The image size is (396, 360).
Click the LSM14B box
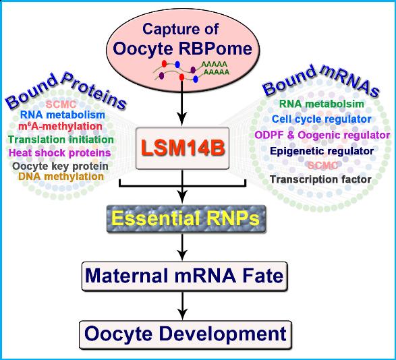click(x=182, y=148)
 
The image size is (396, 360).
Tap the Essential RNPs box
click(x=186, y=218)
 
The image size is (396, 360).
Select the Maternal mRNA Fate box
click(x=185, y=276)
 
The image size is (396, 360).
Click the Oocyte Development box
click(x=186, y=335)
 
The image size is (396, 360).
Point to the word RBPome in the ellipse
click(x=215, y=49)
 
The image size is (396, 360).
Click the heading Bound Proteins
click(x=65, y=91)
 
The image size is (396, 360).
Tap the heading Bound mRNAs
click(x=320, y=80)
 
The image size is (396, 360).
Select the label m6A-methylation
click(x=60, y=126)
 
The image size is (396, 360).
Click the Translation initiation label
click(x=61, y=140)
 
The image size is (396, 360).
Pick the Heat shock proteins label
click(x=60, y=153)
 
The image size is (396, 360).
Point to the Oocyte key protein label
click(x=60, y=166)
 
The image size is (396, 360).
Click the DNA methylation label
click(x=61, y=177)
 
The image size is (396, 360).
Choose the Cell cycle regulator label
click(x=322, y=119)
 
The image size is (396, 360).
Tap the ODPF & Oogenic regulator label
click(x=322, y=135)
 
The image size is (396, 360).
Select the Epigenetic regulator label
click(x=322, y=151)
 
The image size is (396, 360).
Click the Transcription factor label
click(x=320, y=179)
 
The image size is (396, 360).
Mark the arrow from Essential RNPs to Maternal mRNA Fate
click(x=182, y=247)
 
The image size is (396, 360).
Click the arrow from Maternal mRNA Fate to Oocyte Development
click(x=182, y=305)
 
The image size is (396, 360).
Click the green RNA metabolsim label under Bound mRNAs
click(x=322, y=104)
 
